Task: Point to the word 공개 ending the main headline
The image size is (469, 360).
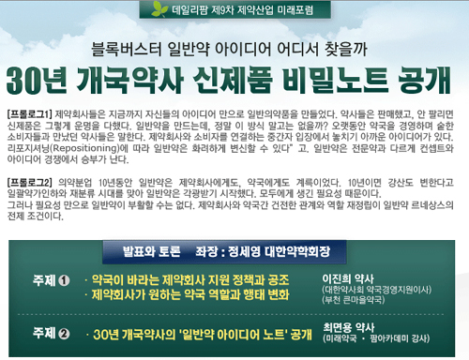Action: tap(418, 77)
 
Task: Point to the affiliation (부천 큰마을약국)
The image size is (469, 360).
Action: tap(360, 302)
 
